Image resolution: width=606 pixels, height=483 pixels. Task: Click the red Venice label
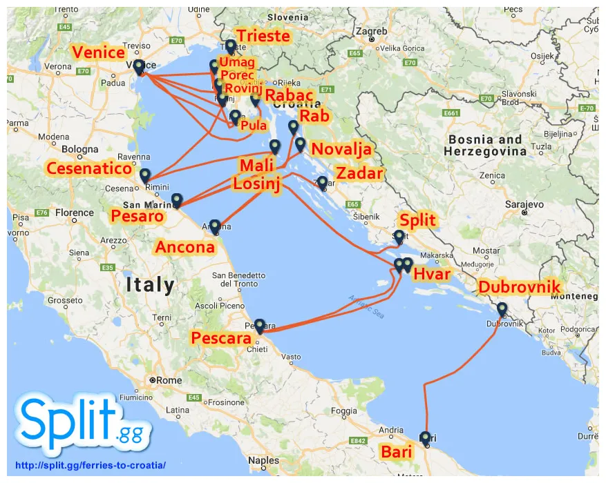click(x=99, y=52)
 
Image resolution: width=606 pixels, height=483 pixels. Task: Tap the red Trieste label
click(x=263, y=36)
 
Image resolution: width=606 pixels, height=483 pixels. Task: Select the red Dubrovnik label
click(x=520, y=287)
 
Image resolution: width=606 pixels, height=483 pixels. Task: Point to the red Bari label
click(x=396, y=452)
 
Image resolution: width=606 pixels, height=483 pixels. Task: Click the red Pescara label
click(x=221, y=338)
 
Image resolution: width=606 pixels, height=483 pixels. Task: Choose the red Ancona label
click(x=184, y=247)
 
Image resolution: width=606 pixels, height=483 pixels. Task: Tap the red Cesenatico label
click(x=88, y=168)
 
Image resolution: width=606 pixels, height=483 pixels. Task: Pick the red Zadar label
click(x=359, y=172)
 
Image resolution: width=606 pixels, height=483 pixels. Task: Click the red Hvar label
click(x=432, y=275)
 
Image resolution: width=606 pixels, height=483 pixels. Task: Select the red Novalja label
click(x=341, y=149)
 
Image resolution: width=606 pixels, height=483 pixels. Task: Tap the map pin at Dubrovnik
click(x=502, y=309)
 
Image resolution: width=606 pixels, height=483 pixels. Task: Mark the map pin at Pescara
click(x=259, y=325)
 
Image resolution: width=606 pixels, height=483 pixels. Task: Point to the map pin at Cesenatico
click(x=144, y=175)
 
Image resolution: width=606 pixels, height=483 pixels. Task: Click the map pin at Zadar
click(x=322, y=182)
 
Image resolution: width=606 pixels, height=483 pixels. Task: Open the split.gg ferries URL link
click(x=86, y=465)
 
